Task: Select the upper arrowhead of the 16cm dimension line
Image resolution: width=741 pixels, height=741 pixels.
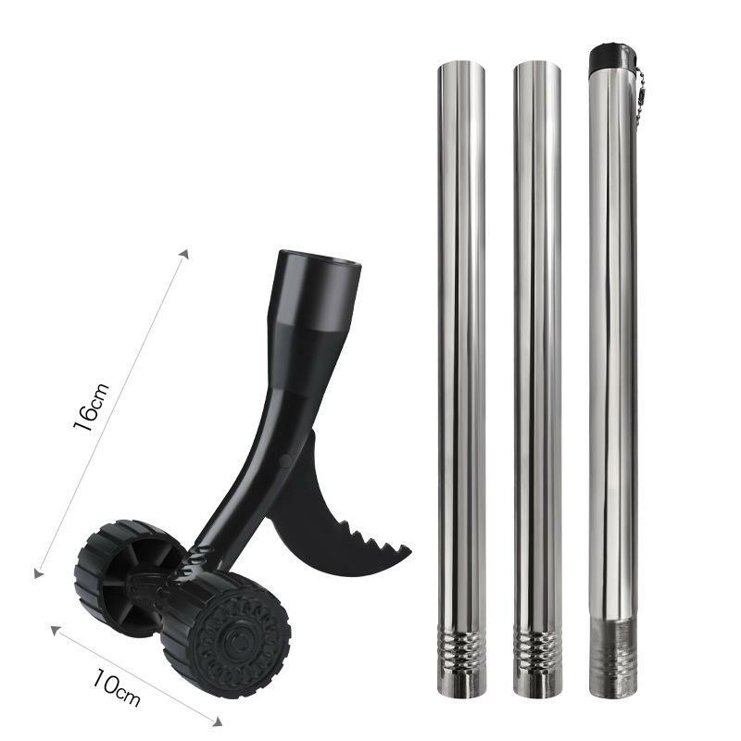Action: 186,252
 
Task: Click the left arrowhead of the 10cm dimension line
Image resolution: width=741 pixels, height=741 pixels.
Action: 55,631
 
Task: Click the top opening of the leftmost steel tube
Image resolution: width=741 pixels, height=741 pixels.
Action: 460,66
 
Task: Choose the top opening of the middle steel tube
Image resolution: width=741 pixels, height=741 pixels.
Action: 536,66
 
